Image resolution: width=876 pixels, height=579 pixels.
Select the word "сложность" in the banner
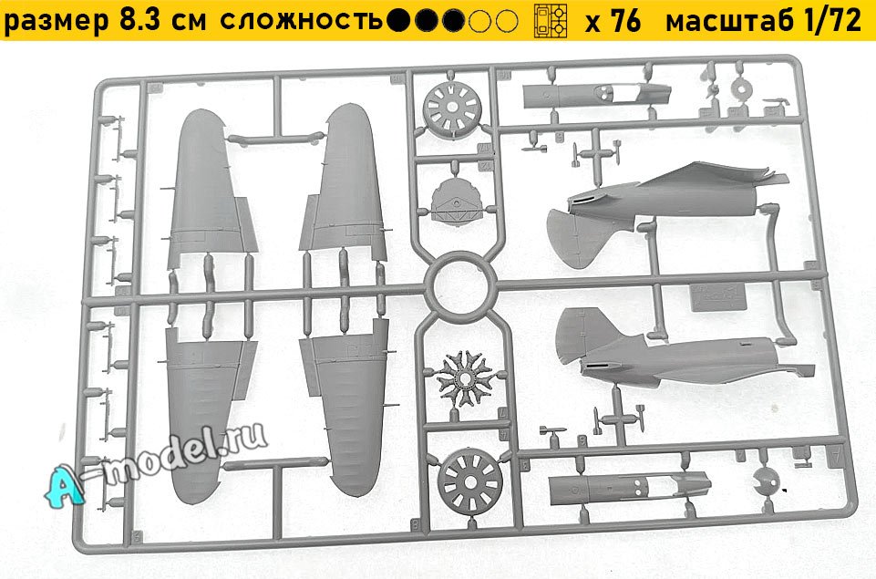click(x=302, y=21)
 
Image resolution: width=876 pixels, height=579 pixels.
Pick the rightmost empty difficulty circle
click(x=507, y=21)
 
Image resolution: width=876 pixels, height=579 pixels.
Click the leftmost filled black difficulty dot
click(x=398, y=21)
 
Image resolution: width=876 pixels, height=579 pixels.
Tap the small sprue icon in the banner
click(x=551, y=21)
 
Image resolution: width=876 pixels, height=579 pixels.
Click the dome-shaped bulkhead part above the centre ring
click(x=457, y=200)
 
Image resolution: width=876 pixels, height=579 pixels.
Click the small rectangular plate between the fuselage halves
click(x=718, y=298)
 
